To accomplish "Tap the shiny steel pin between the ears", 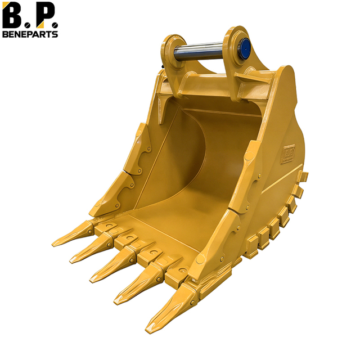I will (200, 53).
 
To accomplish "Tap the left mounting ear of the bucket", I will (172, 51).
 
